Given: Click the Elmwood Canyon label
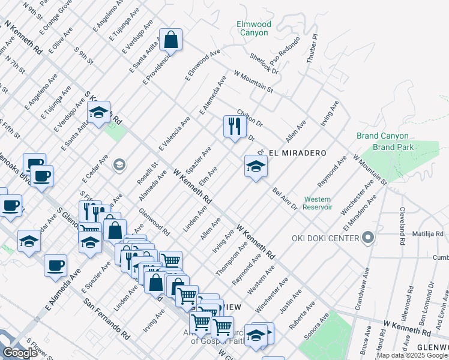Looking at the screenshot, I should tap(254, 28).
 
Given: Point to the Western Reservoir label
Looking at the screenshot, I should tap(318, 203).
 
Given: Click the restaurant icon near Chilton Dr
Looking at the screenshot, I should tap(232, 126).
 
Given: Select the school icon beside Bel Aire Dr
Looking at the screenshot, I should tap(256, 166).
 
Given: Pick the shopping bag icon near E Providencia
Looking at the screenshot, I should tap(171, 40).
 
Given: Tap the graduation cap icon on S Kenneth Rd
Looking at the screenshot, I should tap(98, 112).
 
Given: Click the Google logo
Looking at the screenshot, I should tap(20, 353).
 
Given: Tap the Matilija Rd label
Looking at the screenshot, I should tap(427, 234).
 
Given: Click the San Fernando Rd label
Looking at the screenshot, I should tap(106, 318).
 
